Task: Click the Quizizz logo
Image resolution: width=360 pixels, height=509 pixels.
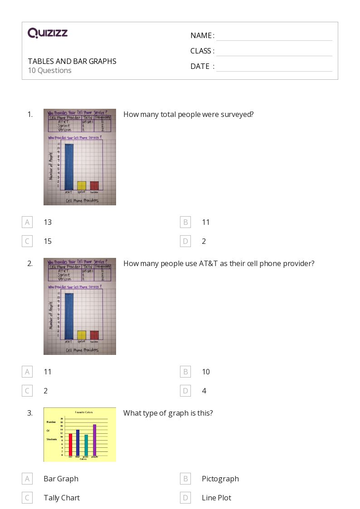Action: (48, 33)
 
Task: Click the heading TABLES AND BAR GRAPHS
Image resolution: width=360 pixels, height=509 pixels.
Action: (72, 61)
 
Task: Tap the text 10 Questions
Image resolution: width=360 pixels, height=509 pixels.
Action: (50, 70)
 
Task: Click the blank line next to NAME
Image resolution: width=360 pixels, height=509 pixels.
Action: (274, 36)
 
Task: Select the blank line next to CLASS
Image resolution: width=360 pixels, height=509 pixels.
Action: (274, 51)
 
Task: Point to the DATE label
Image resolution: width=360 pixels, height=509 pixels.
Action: (200, 66)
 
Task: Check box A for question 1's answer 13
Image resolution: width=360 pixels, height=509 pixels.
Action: (27, 222)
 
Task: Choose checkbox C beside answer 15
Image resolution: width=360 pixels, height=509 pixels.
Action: (27, 241)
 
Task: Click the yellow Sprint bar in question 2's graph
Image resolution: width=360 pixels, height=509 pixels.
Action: (82, 335)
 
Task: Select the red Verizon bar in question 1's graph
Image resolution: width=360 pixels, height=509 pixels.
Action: (94, 185)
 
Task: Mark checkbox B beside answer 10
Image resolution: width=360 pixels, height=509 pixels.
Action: (185, 372)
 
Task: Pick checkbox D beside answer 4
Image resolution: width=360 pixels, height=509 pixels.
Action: (185, 391)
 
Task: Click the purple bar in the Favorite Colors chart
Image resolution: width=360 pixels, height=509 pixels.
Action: (95, 440)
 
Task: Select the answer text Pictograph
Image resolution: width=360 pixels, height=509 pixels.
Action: (220, 479)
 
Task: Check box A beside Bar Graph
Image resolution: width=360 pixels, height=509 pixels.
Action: (27, 479)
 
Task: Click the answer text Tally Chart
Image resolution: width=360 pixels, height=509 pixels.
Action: (62, 498)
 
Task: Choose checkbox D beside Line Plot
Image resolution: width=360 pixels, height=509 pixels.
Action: (185, 498)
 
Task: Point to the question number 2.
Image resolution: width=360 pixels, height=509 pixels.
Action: (30, 263)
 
